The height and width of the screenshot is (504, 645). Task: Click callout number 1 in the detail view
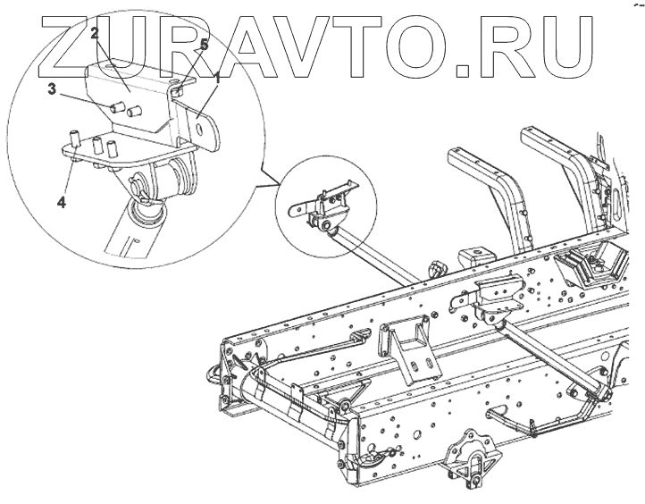point(216,79)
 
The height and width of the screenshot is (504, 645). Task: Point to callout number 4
point(62,202)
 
